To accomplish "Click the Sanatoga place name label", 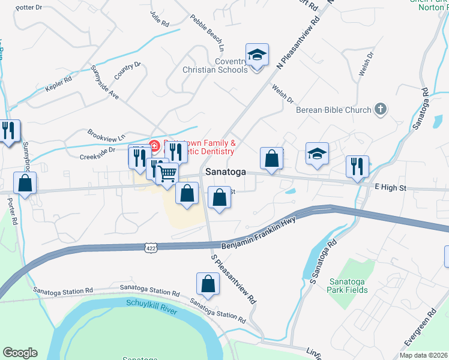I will pos(225,172).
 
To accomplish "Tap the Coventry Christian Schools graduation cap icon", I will pos(257,56).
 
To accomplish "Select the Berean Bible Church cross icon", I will pos(379,109).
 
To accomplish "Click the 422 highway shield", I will pos(151,247).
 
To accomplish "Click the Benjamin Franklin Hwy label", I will pos(259,238).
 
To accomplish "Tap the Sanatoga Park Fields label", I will pos(348,286).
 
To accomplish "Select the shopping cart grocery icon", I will pos(167,173).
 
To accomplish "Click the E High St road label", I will pos(390,188).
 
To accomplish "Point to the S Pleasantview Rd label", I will pos(234,278).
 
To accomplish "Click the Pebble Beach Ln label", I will pos(207,32).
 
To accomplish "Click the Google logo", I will pos(20,353).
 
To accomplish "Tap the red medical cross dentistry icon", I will pos(154,145).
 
